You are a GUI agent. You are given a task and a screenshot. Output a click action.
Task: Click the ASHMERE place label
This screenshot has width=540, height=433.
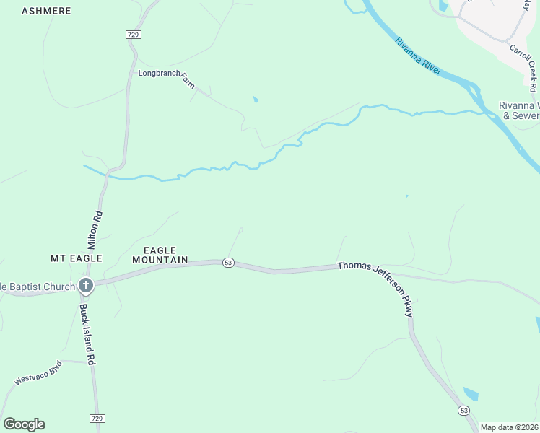47,11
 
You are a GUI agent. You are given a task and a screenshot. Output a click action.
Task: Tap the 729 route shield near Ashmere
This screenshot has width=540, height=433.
132,35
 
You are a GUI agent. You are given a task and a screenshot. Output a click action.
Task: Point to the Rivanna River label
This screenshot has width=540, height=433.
417,54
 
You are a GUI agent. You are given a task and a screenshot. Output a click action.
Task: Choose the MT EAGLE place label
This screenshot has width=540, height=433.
76,258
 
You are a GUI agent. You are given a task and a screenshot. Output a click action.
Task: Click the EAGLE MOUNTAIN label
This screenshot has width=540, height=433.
160,255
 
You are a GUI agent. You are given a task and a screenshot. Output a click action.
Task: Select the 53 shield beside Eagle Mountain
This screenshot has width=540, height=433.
228,263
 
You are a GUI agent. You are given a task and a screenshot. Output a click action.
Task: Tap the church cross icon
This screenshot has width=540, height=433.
85,286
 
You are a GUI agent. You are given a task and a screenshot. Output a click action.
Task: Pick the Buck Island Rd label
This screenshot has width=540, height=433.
88,333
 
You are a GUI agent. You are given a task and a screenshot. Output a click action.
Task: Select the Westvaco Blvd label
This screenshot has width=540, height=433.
39,372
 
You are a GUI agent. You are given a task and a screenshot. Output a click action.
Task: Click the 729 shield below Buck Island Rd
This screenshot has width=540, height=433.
97,419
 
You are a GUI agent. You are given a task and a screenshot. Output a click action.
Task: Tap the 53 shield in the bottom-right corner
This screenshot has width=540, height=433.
463,410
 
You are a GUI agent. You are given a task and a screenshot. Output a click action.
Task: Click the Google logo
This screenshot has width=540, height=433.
24,424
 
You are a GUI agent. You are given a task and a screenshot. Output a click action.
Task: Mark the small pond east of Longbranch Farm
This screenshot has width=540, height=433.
256,100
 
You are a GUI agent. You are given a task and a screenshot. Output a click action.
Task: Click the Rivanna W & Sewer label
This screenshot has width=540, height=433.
519,110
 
